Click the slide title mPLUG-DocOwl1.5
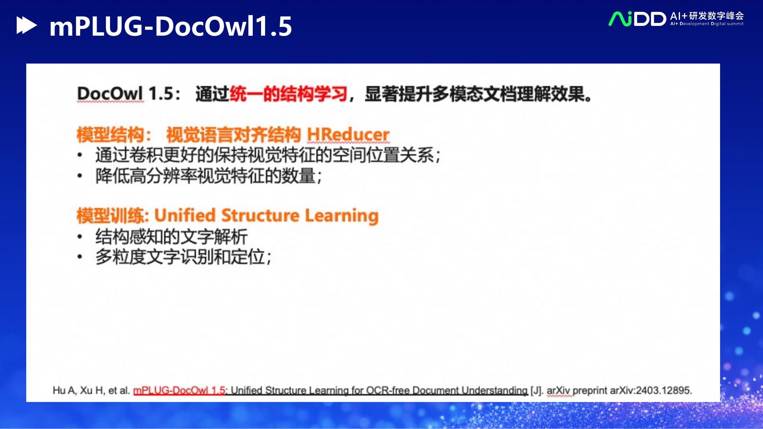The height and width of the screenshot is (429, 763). pos(170,27)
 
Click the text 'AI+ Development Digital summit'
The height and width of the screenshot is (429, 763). pos(707,24)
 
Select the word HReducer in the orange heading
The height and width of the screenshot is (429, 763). pos(348,135)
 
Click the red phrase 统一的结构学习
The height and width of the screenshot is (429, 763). pos(289,94)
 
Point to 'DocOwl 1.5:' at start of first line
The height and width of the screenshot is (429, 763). pos(128,94)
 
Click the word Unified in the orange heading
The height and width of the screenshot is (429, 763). pos(185,216)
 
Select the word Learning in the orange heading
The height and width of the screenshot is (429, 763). pos(342,216)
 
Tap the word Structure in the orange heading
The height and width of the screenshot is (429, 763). pos(260,216)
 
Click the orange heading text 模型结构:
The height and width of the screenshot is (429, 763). pos(114,135)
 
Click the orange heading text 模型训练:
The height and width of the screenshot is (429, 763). pos(113,216)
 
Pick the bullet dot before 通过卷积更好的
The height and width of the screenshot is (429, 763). pos(80,155)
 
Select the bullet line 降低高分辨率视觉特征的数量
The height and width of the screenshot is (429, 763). pos(208,176)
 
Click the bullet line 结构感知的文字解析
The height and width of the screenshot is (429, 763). pos(171,237)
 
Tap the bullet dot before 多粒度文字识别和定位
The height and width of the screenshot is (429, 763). pos(80,257)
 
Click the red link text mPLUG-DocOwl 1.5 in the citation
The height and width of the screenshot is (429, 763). pos(179,390)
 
